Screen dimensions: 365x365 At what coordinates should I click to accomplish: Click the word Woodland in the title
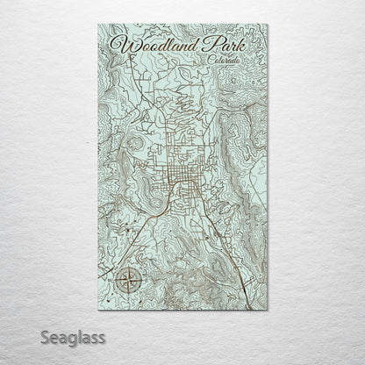(148, 43)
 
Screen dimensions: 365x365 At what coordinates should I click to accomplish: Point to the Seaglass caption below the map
(50, 337)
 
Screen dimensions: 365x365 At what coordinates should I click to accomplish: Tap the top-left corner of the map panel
(98, 25)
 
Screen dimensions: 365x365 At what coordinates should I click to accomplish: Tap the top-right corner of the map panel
(268, 25)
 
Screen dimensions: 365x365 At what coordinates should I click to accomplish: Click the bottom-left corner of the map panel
(98, 309)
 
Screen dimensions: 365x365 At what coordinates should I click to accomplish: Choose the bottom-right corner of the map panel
(268, 309)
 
